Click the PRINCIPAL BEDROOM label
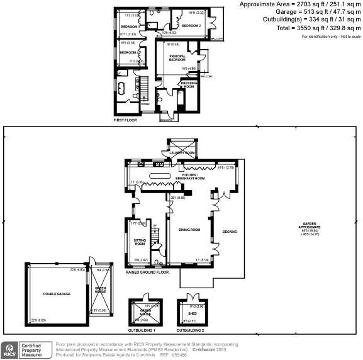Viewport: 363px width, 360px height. [177, 58]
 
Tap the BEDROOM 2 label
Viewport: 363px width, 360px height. [191, 26]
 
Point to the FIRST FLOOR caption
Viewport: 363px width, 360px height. [125, 120]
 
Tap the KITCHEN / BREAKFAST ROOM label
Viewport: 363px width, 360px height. [194, 178]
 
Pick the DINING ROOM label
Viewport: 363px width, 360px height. [189, 230]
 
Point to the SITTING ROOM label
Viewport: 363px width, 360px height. [140, 242]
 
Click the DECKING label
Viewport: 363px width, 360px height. [230, 232]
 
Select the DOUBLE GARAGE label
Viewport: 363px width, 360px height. [55, 294]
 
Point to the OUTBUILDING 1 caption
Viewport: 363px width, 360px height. [142, 330]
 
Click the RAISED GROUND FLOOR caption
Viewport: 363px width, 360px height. [147, 273]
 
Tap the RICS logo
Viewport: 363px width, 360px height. [11, 349]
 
